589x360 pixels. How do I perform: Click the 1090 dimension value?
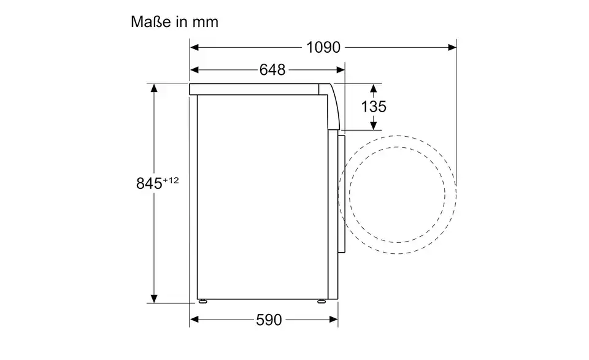[x=323, y=48]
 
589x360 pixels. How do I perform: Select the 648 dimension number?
[x=272, y=70]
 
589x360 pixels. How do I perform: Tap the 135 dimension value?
[x=374, y=107]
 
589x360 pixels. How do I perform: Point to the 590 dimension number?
[x=269, y=320]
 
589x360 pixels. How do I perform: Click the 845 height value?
[x=149, y=183]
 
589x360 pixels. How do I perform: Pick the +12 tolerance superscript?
[x=171, y=180]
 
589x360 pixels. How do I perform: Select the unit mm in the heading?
[x=206, y=23]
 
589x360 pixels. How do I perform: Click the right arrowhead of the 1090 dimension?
[x=452, y=47]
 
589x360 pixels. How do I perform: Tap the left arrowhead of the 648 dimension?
[x=194, y=70]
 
